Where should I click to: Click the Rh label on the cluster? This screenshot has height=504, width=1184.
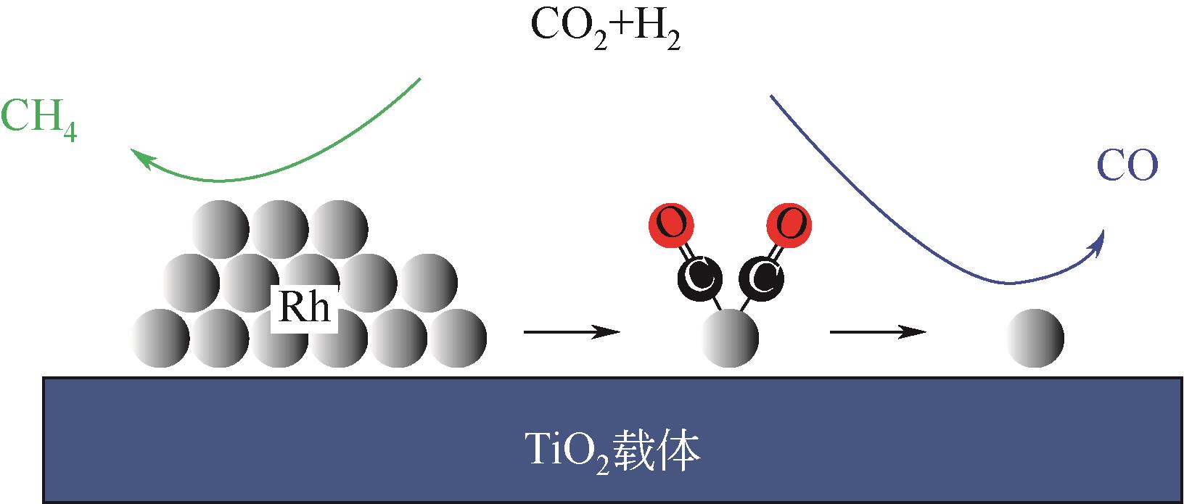[304, 308]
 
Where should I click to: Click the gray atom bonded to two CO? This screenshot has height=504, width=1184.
[731, 337]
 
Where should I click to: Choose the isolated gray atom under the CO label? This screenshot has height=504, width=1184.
[1035, 337]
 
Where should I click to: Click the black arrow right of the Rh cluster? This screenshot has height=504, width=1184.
[572, 332]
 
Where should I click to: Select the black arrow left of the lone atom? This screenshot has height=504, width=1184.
[878, 332]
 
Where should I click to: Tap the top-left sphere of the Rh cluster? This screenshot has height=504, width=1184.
[220, 226]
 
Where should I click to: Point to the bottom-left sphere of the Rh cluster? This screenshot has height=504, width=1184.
[160, 337]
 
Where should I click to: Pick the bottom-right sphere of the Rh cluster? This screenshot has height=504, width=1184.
[458, 337]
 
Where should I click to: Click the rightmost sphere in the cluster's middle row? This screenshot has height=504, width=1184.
[429, 282]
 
